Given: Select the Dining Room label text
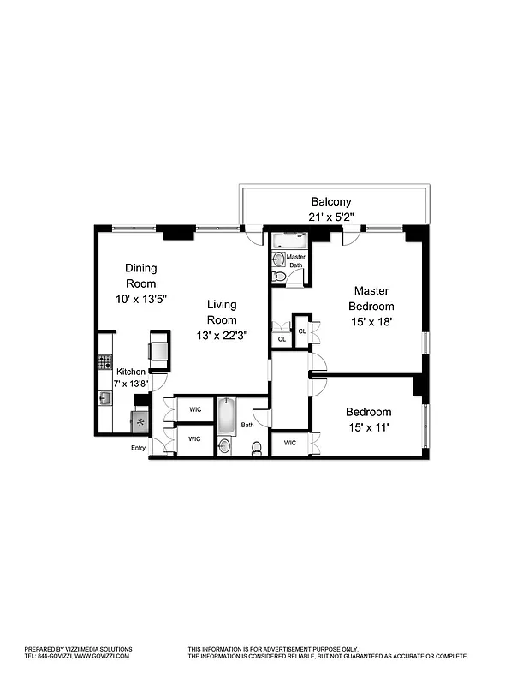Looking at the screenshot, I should (x=141, y=275).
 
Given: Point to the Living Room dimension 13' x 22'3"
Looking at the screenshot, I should (x=222, y=335).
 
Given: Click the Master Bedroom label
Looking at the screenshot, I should (x=371, y=299).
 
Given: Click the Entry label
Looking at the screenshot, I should (x=138, y=448).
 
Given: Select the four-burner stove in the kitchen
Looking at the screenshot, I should (x=105, y=361).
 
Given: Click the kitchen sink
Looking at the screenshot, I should (x=104, y=397).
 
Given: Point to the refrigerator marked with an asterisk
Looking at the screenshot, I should (x=139, y=422).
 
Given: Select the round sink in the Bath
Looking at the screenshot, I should (x=224, y=445).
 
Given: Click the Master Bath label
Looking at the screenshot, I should (x=296, y=261).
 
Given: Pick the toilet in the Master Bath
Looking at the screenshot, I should (x=277, y=277).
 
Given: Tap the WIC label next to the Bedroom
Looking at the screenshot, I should (x=289, y=443).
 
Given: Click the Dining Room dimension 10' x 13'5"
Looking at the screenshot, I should (x=141, y=300).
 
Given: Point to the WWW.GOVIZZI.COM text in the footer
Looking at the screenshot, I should (x=102, y=655).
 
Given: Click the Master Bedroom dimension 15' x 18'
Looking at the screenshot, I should (x=371, y=322).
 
